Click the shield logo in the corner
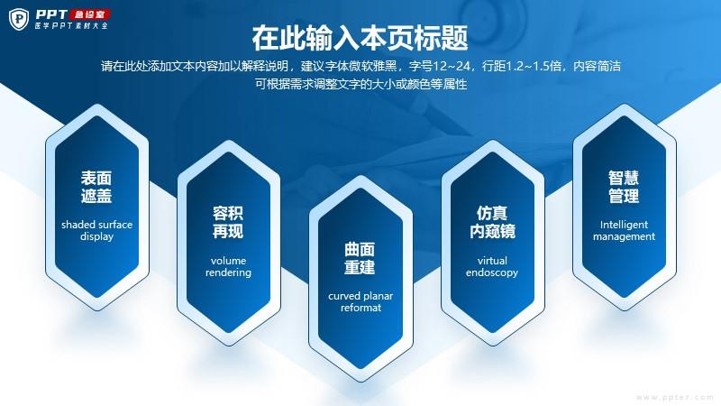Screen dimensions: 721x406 coord(19,19)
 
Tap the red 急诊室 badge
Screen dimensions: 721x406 coord(89,14)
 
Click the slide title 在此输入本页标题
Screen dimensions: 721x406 coord(360,38)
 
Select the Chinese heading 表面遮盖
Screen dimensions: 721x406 coord(96,187)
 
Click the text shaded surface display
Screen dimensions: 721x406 coord(96,230)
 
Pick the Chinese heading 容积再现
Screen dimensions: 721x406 coord(228,222)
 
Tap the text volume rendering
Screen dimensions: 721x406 coord(228,266)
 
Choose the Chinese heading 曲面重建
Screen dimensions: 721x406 coord(360,258)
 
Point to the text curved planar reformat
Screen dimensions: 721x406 coord(360,301)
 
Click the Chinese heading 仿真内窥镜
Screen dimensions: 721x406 coord(492,222)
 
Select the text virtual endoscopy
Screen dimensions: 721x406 coord(492,266)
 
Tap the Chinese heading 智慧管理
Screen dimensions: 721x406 coord(624,187)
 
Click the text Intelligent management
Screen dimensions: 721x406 coord(624,230)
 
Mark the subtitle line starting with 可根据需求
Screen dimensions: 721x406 coord(361,84)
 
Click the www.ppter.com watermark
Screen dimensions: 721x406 coord(675,397)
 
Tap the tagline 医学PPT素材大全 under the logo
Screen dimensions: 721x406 coord(72,26)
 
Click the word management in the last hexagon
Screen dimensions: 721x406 coord(624,236)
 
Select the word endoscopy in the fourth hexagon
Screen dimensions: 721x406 coord(492,273)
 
